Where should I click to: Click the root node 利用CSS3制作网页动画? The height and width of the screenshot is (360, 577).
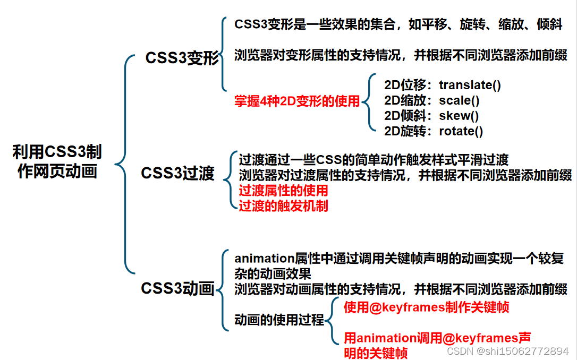57,162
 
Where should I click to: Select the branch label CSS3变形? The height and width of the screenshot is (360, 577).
182,58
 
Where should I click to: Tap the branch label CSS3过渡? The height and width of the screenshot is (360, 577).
177,174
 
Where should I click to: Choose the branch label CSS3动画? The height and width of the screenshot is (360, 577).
177,288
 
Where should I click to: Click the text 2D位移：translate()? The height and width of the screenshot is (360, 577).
442,85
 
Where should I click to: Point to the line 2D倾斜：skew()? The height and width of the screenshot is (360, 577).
431,116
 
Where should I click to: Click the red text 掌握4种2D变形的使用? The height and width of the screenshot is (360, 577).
297,101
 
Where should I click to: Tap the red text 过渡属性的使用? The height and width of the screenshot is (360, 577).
283,190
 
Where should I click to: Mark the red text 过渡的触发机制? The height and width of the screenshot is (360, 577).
283,205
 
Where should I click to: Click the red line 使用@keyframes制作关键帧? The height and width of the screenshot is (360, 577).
426,307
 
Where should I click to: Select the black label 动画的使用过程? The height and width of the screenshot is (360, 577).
279,320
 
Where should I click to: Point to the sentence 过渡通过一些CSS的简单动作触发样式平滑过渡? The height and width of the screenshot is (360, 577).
374,159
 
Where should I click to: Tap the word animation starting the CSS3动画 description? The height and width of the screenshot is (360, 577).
260,259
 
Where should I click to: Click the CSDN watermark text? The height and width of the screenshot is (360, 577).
507,351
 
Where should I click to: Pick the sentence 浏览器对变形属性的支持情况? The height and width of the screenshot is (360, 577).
401,55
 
